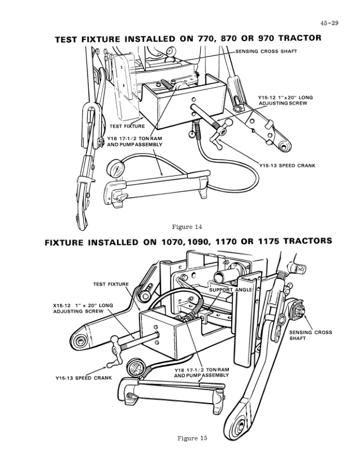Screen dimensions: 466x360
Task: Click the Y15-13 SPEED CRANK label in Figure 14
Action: pyautogui.click(x=286, y=166)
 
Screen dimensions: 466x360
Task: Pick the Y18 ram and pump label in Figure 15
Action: pyautogui.click(x=202, y=372)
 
